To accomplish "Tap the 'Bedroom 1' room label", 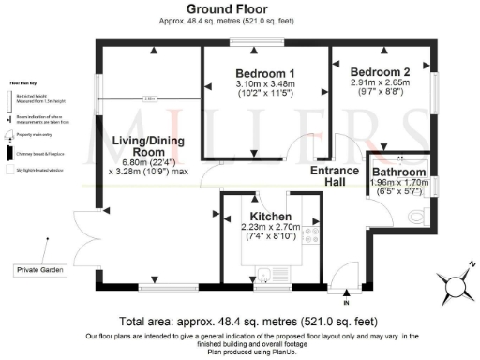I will pyautogui.click(x=264, y=74).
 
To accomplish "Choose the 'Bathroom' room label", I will pyautogui.click(x=398, y=172).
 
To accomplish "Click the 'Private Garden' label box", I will pyautogui.click(x=40, y=270).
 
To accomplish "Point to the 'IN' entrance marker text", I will pyautogui.click(x=346, y=303).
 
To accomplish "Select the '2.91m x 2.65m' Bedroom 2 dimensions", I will pyautogui.click(x=380, y=82).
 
